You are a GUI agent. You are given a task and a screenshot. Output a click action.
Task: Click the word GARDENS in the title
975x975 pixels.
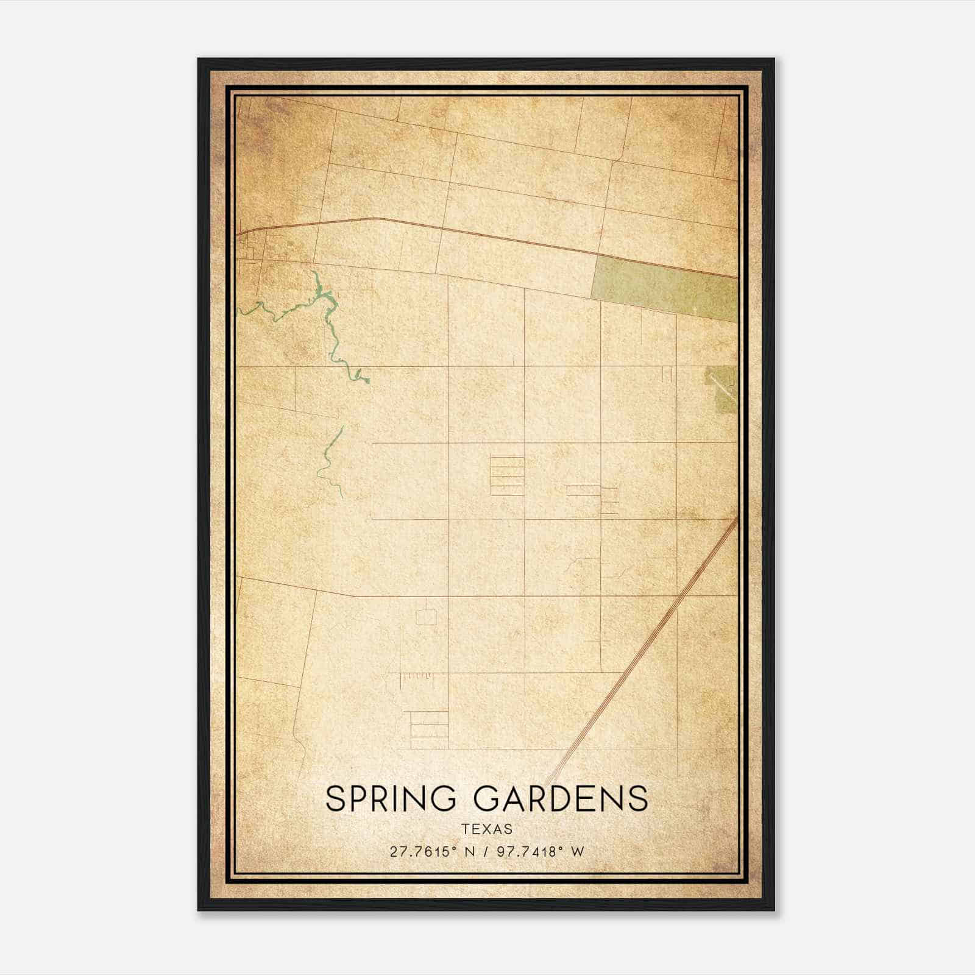coord(561,799)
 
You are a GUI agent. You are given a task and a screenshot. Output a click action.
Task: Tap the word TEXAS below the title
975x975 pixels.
coord(487,829)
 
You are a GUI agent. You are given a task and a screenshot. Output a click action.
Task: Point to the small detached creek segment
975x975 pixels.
coord(329,463)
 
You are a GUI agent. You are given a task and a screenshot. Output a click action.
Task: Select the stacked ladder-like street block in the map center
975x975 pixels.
coord(507,476)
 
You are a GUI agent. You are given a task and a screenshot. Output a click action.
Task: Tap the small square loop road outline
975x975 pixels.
coord(426,617)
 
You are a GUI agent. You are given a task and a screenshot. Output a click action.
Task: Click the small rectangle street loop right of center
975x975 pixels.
coord(583,491)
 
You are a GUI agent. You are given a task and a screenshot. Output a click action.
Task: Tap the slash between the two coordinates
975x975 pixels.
coord(486,852)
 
